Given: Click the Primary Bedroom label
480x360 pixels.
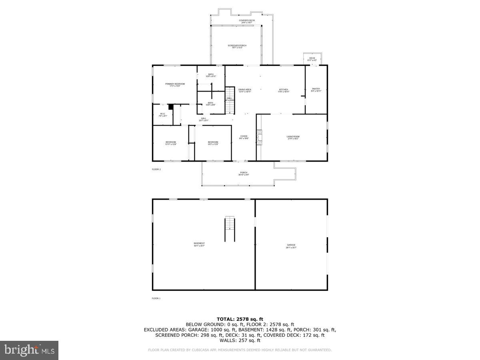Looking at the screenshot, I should tap(175, 84).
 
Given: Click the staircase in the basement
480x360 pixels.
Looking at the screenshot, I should tap(229, 228).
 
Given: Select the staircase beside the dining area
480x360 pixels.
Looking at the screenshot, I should tap(229, 100).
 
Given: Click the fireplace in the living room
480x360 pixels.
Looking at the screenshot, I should tap(260, 137).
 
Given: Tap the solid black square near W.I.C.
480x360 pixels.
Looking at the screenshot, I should tap(171, 107).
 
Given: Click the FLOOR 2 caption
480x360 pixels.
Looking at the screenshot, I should tap(156, 169).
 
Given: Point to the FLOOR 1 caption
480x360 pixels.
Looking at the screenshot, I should tap(156, 298).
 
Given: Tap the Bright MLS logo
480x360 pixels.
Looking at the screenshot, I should tap(29, 350).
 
